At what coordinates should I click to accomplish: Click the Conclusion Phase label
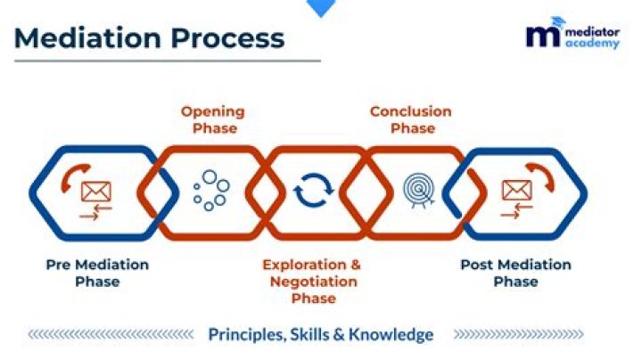tap(410, 119)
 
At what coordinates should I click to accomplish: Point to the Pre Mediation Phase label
tap(97, 273)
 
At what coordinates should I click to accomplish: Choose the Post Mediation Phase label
tap(515, 273)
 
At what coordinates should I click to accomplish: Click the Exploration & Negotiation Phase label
tap(312, 281)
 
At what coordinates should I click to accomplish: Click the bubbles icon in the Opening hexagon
tap(210, 191)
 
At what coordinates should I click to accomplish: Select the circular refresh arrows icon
tap(313, 191)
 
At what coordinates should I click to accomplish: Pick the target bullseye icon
tap(417, 190)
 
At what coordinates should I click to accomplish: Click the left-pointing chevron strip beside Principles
tap(111, 335)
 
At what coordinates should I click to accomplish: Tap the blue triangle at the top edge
tap(320, 7)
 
